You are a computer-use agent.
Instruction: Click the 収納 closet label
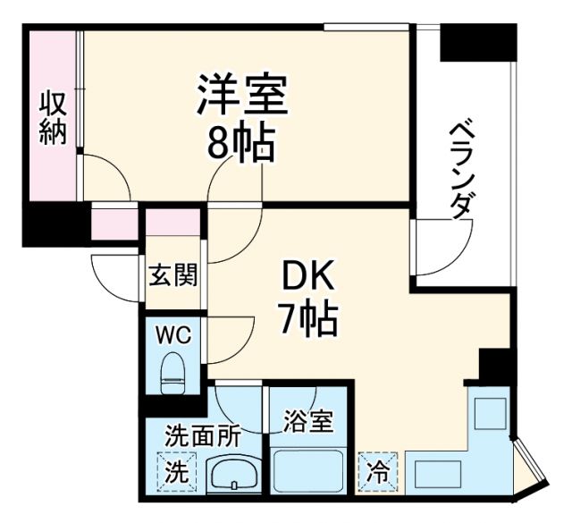(53, 119)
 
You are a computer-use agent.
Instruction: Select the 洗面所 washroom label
(203, 438)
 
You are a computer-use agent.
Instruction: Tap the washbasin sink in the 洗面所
(234, 474)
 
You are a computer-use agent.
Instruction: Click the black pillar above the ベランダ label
(477, 41)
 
